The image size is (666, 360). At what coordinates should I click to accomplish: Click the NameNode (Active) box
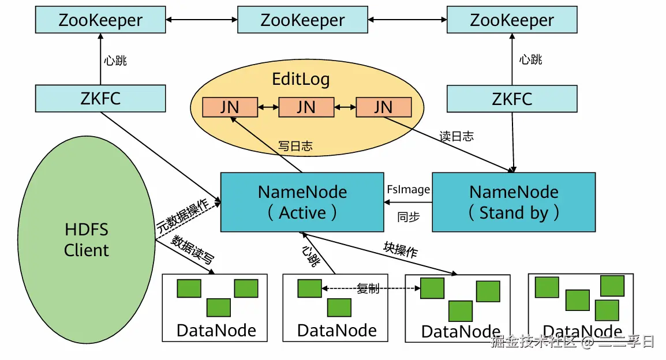302,202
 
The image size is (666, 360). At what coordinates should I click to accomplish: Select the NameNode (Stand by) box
513,202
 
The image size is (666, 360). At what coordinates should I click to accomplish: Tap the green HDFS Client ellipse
87,239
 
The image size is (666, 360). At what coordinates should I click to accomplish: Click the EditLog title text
301,79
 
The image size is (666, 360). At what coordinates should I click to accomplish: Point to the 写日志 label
295,147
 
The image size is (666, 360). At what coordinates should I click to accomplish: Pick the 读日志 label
456,136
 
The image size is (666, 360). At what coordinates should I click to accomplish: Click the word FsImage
408,190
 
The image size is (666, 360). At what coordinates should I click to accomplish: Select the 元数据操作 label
183,215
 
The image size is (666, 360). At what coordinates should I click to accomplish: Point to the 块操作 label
401,249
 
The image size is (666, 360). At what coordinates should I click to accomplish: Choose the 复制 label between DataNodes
368,288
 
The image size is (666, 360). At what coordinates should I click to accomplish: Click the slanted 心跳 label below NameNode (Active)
311,256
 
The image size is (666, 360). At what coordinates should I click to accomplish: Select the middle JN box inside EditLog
306,107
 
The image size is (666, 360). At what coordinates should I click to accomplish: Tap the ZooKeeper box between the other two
302,21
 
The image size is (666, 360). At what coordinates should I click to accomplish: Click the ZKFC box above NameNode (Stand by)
512,99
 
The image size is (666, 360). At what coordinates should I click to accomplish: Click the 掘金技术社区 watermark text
533,343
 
